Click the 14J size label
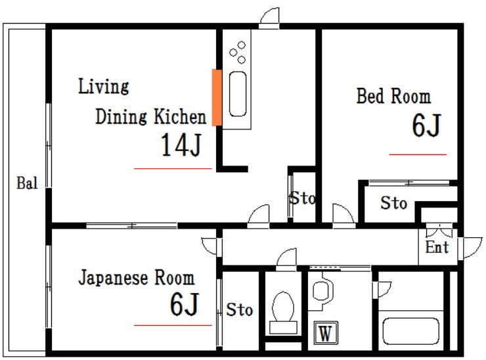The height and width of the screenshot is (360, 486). [x=181, y=146]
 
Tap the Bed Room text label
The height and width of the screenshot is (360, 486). [x=393, y=97]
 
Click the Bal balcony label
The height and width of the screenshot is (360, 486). [x=26, y=183]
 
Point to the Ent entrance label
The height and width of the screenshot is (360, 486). [x=437, y=248]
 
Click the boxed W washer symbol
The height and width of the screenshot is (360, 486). [x=324, y=333]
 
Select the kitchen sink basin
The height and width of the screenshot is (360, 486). [x=237, y=94]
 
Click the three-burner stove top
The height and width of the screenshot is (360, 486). [x=237, y=52]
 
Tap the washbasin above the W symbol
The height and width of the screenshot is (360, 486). [x=322, y=290]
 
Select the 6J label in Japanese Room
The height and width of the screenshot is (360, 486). [x=184, y=304]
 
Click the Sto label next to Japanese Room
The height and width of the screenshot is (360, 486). [x=240, y=309]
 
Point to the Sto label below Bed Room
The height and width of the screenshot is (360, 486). [x=393, y=204]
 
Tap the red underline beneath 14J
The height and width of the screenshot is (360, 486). [x=173, y=169]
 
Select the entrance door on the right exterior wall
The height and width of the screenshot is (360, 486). [x=471, y=248]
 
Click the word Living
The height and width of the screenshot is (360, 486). [x=103, y=86]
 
